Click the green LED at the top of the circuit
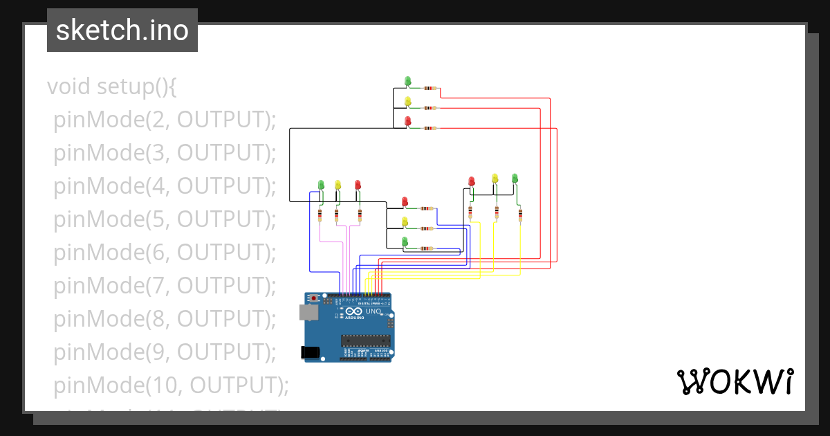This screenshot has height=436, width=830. pos(407,81)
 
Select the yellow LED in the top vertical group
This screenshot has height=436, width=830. pos(407,101)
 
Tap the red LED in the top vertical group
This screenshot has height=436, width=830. pos(407,121)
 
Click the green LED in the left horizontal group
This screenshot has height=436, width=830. pos(321,185)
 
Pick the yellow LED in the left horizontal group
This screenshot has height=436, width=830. pos(338,185)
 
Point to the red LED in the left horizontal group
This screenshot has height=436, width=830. pos(358,185)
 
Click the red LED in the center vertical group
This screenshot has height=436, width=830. pos(405,202)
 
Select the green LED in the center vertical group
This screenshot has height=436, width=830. pos(405,241)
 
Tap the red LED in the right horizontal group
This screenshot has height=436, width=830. pos(472,181)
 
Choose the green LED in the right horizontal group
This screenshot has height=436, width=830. pos(515,179)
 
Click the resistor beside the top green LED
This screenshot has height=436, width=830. pos(430,89)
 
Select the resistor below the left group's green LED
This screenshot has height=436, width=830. pos(320,215)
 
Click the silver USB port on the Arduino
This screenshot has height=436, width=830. pos(308,313)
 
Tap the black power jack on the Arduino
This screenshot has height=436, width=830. pos(311,352)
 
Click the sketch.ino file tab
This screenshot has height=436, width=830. pos(122,30)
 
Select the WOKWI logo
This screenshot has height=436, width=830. pos(735,382)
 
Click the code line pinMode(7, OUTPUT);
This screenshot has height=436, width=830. pos(165,286)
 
